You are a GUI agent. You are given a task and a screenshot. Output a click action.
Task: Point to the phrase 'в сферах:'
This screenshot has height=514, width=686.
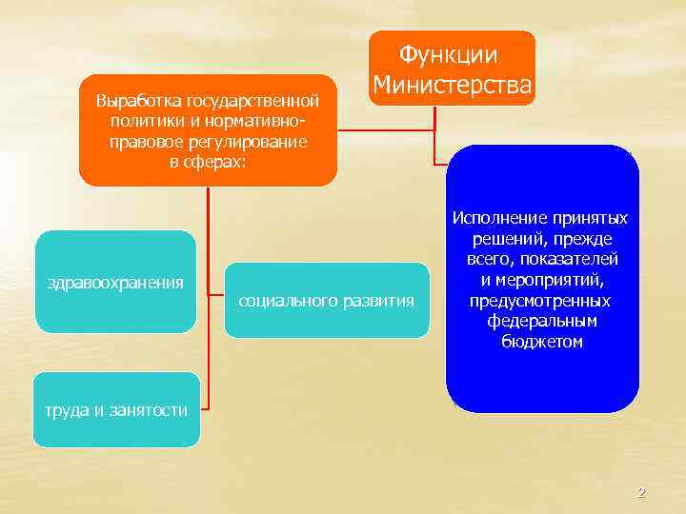point(208,162)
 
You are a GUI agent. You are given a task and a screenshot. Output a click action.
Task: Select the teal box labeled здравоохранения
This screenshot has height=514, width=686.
point(115,283)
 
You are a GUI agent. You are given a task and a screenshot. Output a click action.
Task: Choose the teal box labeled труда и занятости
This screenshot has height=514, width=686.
point(116,410)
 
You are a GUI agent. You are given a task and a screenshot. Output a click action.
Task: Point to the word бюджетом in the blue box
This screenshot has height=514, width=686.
point(541,342)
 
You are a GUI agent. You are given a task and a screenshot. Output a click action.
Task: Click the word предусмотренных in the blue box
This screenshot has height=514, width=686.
point(541,301)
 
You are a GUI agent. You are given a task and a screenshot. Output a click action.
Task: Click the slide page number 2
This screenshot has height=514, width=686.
point(641,493)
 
